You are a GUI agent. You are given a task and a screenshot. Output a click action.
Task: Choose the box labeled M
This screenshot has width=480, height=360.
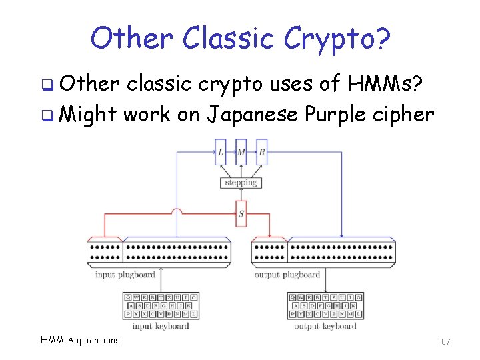click(241, 153)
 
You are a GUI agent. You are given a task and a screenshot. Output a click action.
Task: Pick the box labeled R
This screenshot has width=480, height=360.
click(261, 153)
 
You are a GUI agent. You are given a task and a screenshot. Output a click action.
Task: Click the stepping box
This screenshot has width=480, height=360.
click(241, 182)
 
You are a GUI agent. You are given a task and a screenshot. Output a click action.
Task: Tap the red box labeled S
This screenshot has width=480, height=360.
click(241, 214)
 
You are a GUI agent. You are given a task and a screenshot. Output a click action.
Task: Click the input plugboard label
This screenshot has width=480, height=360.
click(125, 274)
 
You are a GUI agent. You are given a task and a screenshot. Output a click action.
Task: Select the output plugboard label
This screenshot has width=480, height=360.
click(287, 274)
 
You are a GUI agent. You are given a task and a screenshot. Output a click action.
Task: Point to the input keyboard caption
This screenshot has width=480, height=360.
click(161, 326)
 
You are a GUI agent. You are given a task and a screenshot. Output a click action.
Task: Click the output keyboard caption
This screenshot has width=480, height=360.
click(325, 326)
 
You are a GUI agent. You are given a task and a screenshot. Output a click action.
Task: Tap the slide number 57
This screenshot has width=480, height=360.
click(446, 341)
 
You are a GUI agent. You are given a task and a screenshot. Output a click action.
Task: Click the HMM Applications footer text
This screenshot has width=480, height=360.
click(80, 340)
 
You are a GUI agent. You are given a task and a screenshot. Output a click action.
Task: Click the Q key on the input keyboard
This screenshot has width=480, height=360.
click(129, 297)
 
